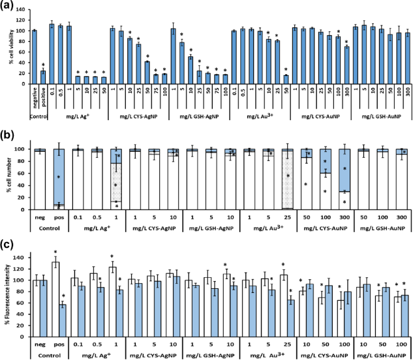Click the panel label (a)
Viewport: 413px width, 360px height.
(8, 6)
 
